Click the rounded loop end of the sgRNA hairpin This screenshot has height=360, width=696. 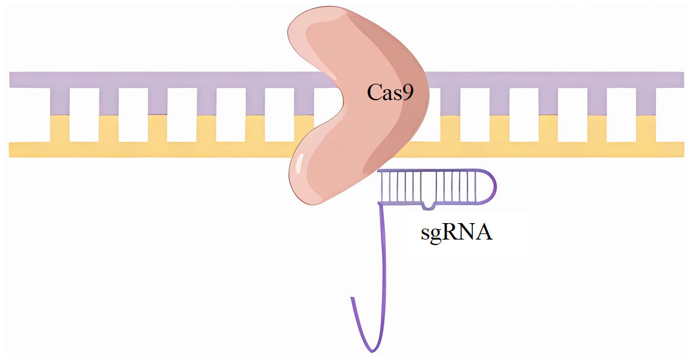click(x=489, y=186)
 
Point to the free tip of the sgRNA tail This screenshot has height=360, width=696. click(x=352, y=299)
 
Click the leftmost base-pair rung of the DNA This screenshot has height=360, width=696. click(x=60, y=114)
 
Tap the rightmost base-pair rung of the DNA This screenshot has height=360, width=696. click(x=646, y=114)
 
